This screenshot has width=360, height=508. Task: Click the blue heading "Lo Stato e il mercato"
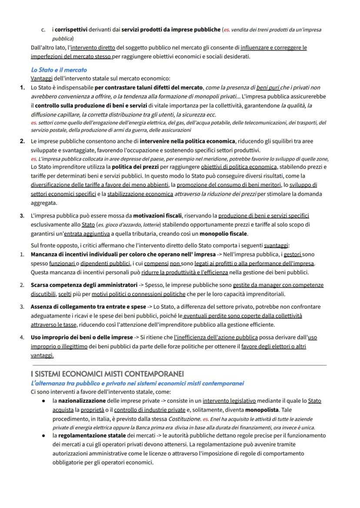pyautogui.click(x=59, y=70)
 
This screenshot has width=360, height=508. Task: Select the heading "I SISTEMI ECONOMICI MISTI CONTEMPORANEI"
pyautogui.click(x=107, y=374)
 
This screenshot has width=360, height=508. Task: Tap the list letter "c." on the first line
pyautogui.click(x=43, y=30)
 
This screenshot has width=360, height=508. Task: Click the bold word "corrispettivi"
pyautogui.click(x=71, y=30)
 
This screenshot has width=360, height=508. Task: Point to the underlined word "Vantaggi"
pyautogui.click(x=41, y=79)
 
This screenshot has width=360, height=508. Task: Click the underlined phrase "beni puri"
pyautogui.click(x=268, y=88)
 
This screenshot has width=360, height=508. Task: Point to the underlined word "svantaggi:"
pyautogui.click(x=277, y=245)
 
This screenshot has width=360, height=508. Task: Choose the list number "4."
pyautogui.click(x=22, y=337)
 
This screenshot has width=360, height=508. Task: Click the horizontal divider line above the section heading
pyautogui.click(x=178, y=365)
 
